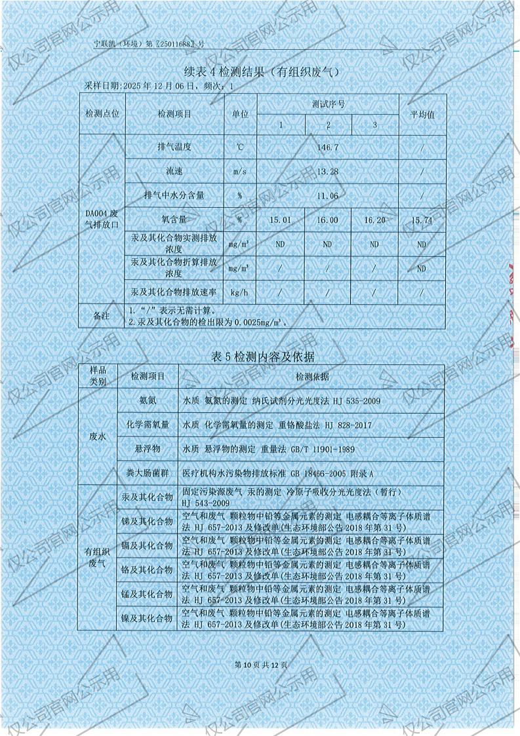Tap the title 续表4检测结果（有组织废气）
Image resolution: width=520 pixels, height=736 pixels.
[x=260, y=71]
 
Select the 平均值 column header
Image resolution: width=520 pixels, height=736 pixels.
[x=422, y=114]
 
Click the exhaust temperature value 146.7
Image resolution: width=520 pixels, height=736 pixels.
[x=327, y=147]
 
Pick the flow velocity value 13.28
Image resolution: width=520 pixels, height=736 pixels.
[x=327, y=172]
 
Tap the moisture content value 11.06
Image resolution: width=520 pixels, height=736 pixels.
[x=327, y=196]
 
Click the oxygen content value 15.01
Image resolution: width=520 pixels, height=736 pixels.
[x=280, y=220]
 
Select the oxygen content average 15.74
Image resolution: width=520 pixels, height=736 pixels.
[x=422, y=220]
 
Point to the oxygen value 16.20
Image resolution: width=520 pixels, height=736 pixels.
[x=374, y=220]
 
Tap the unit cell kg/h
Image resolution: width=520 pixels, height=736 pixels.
[x=239, y=292]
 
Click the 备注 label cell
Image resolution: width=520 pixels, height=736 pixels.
[x=102, y=316]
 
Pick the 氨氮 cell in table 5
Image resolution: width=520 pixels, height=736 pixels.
[x=147, y=400]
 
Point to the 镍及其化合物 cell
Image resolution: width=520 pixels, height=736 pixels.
[x=147, y=617]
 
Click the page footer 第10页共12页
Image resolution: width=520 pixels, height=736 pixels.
[x=260, y=665]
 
